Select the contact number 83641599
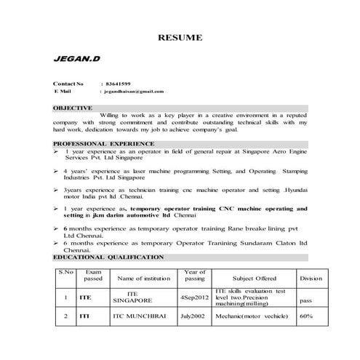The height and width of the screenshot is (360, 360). [119, 84]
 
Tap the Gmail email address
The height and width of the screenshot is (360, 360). [135, 92]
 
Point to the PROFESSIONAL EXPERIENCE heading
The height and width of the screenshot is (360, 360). [102, 145]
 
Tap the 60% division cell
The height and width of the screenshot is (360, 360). [306, 316]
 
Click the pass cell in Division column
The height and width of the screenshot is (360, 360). [306, 300]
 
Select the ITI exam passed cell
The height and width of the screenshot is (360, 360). [85, 316]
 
